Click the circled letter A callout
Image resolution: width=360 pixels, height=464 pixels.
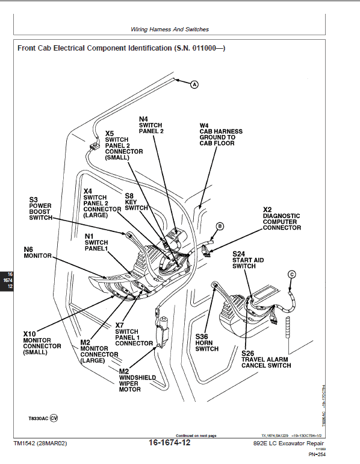[194, 85]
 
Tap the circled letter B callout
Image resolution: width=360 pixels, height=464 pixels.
[220, 226]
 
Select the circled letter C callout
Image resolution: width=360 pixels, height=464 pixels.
[292, 274]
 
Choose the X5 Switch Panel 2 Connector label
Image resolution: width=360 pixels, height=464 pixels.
[123, 145]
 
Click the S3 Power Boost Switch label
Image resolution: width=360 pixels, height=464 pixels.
[41, 208]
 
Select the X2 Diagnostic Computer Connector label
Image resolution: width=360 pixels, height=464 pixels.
[281, 219]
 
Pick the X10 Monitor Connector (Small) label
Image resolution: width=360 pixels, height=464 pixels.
[42, 343]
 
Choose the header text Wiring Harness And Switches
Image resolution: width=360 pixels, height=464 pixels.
[169, 29]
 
